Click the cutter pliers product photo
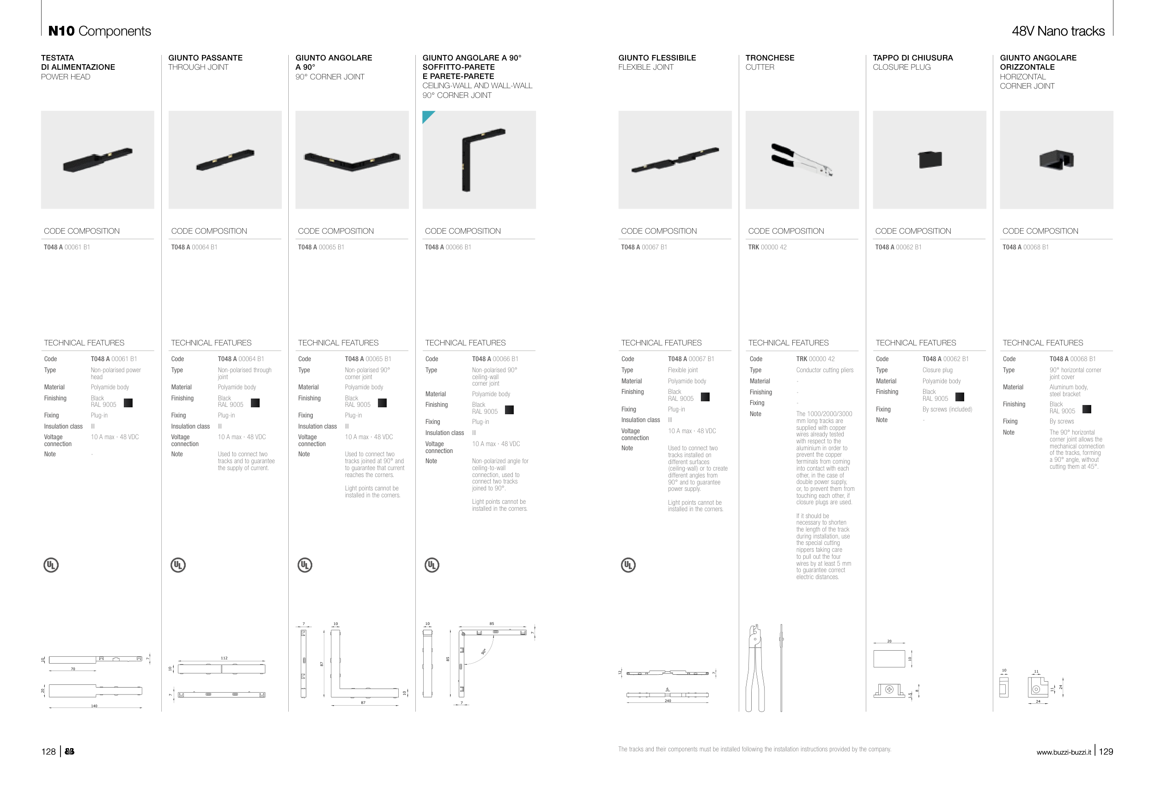802,160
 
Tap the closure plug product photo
930,159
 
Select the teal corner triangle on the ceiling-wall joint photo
427,116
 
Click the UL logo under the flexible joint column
628,565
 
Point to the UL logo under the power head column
51,565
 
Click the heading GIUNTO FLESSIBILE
657,58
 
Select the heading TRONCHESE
770,58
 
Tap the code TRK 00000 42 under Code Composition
767,247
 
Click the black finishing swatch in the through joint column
255,402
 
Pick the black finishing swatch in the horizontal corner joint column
1087,409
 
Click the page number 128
48,752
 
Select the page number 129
1106,752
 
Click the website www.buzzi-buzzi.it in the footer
1064,752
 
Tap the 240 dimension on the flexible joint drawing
668,701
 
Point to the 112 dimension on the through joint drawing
224,658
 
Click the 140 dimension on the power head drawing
94,706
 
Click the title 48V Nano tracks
1058,31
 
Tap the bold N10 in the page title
61,31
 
